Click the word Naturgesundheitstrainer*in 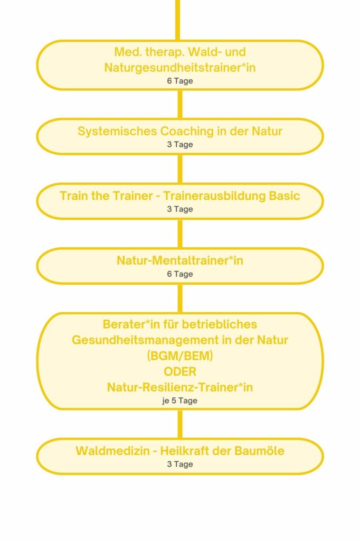point(180,68)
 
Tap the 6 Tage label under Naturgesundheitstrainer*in point(180,81)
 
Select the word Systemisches point(117,132)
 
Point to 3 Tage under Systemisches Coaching point(180,145)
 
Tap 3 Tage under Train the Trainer point(180,209)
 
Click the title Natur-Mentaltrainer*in point(180,260)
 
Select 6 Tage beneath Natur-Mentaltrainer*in point(180,274)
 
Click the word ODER point(180,371)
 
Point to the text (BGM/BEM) point(180,356)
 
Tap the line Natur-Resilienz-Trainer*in point(180,387)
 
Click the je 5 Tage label point(180,401)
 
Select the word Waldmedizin point(112,451)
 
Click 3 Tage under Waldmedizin point(180,464)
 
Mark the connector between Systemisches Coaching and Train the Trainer point(180,169)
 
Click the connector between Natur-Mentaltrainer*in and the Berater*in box point(180,299)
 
